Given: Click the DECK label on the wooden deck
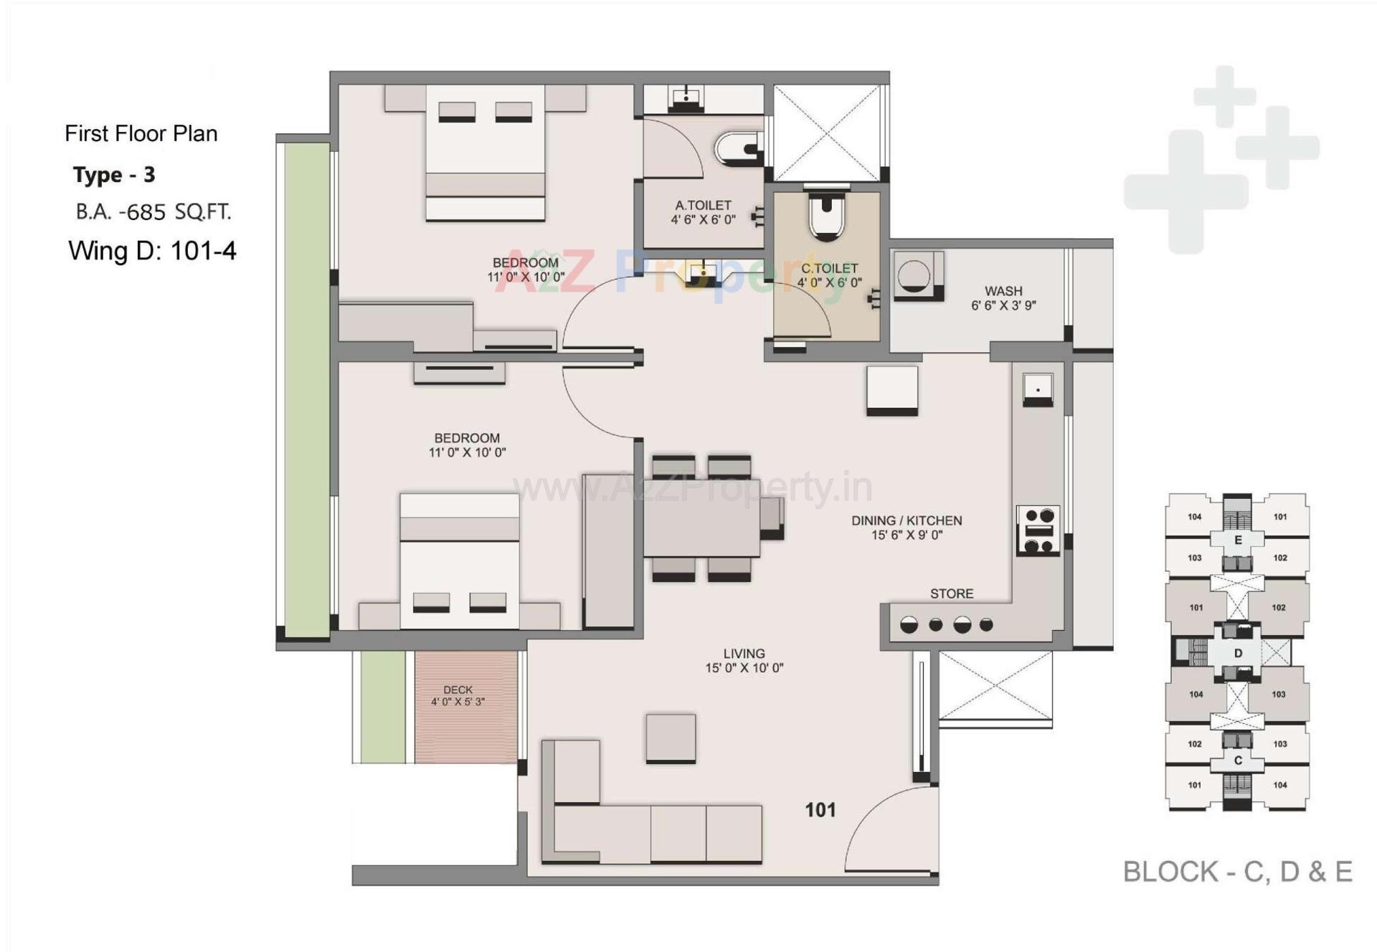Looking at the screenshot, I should point(458,690).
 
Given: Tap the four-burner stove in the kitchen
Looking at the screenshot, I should point(1038,530).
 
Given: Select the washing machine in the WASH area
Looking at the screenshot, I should point(915,275).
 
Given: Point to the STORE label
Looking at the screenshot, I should point(952,594).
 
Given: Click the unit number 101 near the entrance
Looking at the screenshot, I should point(820,810).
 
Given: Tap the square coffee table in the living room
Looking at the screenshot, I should point(671,738).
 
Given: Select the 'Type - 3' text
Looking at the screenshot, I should point(114,175).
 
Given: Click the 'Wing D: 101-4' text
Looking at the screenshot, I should point(152,251).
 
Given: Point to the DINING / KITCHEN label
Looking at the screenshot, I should point(907,520).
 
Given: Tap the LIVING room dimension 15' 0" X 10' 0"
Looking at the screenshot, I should point(744,668).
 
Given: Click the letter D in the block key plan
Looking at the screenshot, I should point(1238,653).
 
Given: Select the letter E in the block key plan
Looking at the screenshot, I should point(1238,540).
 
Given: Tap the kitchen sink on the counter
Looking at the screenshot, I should point(1037,389).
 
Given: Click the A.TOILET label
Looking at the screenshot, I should point(703,206).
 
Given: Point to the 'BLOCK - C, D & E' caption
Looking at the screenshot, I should point(1237,872).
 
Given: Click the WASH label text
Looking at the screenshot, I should point(1003,291).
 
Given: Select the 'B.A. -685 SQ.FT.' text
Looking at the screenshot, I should point(153,212).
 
